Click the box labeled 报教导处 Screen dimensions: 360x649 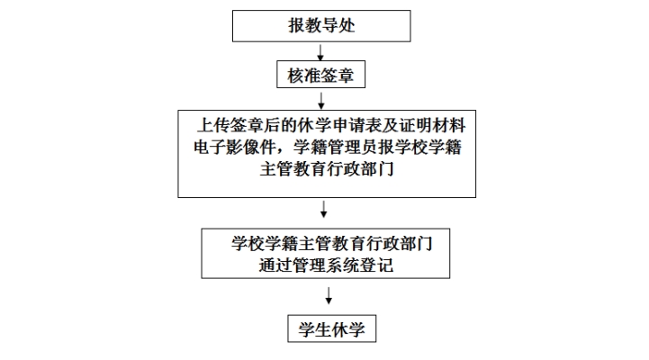click(321, 25)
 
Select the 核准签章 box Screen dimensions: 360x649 click(321, 76)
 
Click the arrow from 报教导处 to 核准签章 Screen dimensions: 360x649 click(322, 51)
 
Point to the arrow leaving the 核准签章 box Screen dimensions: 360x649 click(322, 98)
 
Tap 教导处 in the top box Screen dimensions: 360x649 click(331, 25)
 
